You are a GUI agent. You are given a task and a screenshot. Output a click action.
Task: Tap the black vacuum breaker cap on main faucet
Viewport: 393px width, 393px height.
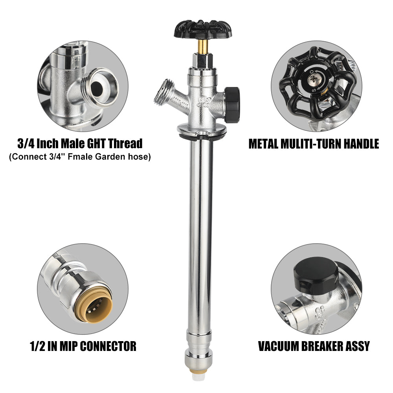tap(232, 105)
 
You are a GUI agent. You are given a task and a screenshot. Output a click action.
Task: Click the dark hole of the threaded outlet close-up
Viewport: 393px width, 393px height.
tap(97, 88)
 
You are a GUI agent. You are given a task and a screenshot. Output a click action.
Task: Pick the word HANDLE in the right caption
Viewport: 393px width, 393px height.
tap(361, 144)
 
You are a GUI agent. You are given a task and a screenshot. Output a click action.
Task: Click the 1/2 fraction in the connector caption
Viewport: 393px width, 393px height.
tap(38, 346)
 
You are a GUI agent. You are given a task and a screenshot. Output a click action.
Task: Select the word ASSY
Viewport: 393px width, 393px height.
tap(358, 346)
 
